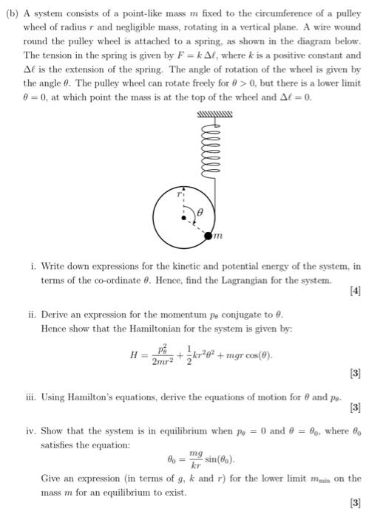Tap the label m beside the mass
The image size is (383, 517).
[217, 236]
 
